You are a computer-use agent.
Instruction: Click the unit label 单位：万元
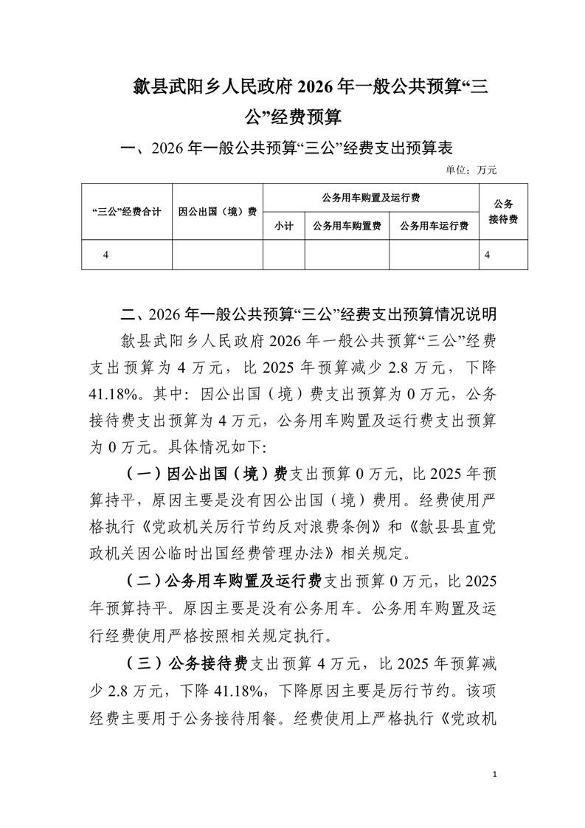pos(471,170)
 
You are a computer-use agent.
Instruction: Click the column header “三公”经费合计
pos(126,211)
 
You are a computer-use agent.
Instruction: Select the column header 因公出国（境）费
pos(218,211)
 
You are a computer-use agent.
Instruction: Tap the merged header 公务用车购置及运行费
pos(371,198)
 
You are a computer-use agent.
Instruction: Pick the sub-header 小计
pos(284,226)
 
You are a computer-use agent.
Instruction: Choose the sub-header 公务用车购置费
pos(347,226)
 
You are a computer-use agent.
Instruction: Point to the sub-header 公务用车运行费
pos(434,226)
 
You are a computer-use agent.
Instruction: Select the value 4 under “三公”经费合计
pos(106,254)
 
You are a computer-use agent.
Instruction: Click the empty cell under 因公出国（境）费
pos(218,254)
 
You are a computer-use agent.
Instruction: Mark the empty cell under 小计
pos(284,254)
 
